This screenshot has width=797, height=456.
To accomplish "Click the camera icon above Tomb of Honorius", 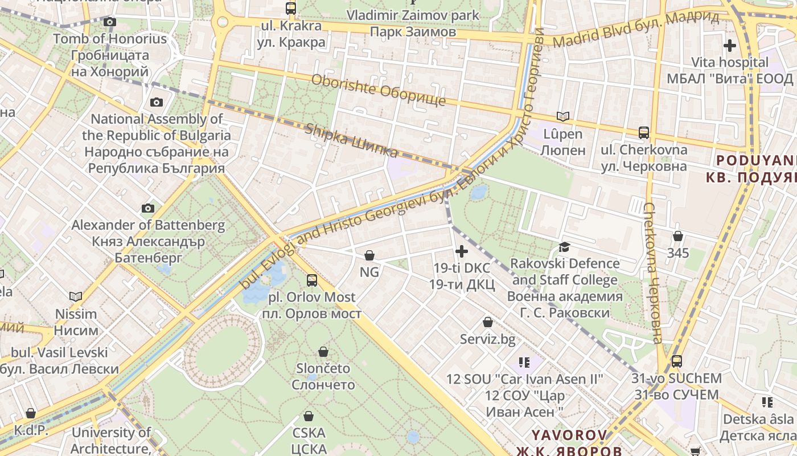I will [x=110, y=22].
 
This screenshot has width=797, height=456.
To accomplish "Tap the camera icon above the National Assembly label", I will [x=156, y=103].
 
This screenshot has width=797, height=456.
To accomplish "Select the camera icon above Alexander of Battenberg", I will [x=148, y=209].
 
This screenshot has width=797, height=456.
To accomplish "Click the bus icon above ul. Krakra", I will [x=291, y=9].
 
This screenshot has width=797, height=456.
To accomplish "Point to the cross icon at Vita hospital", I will [x=729, y=45].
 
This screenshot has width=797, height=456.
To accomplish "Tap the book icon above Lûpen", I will [x=562, y=117].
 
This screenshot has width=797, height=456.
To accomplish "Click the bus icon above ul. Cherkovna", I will [x=644, y=133].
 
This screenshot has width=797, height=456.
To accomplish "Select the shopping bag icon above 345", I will [x=677, y=236].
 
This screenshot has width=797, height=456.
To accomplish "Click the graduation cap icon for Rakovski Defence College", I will [x=564, y=247].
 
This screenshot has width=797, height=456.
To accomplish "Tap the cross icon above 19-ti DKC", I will [x=462, y=251].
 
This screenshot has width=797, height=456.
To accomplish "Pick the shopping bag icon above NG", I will [x=369, y=255].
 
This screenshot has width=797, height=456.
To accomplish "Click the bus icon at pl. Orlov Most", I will [x=312, y=280].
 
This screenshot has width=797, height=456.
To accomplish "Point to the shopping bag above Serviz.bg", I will [x=488, y=323].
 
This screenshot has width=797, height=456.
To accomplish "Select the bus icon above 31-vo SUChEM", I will [x=676, y=361].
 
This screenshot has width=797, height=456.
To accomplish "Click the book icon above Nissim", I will [x=76, y=296].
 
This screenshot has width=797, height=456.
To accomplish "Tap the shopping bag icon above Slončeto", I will [x=323, y=352].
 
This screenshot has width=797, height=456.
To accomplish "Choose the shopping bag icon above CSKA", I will [x=309, y=416].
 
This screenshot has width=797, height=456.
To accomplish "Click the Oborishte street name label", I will [x=378, y=90].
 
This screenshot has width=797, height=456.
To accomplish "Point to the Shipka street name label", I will [x=351, y=140].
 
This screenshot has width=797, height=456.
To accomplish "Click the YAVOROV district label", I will [x=569, y=435].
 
